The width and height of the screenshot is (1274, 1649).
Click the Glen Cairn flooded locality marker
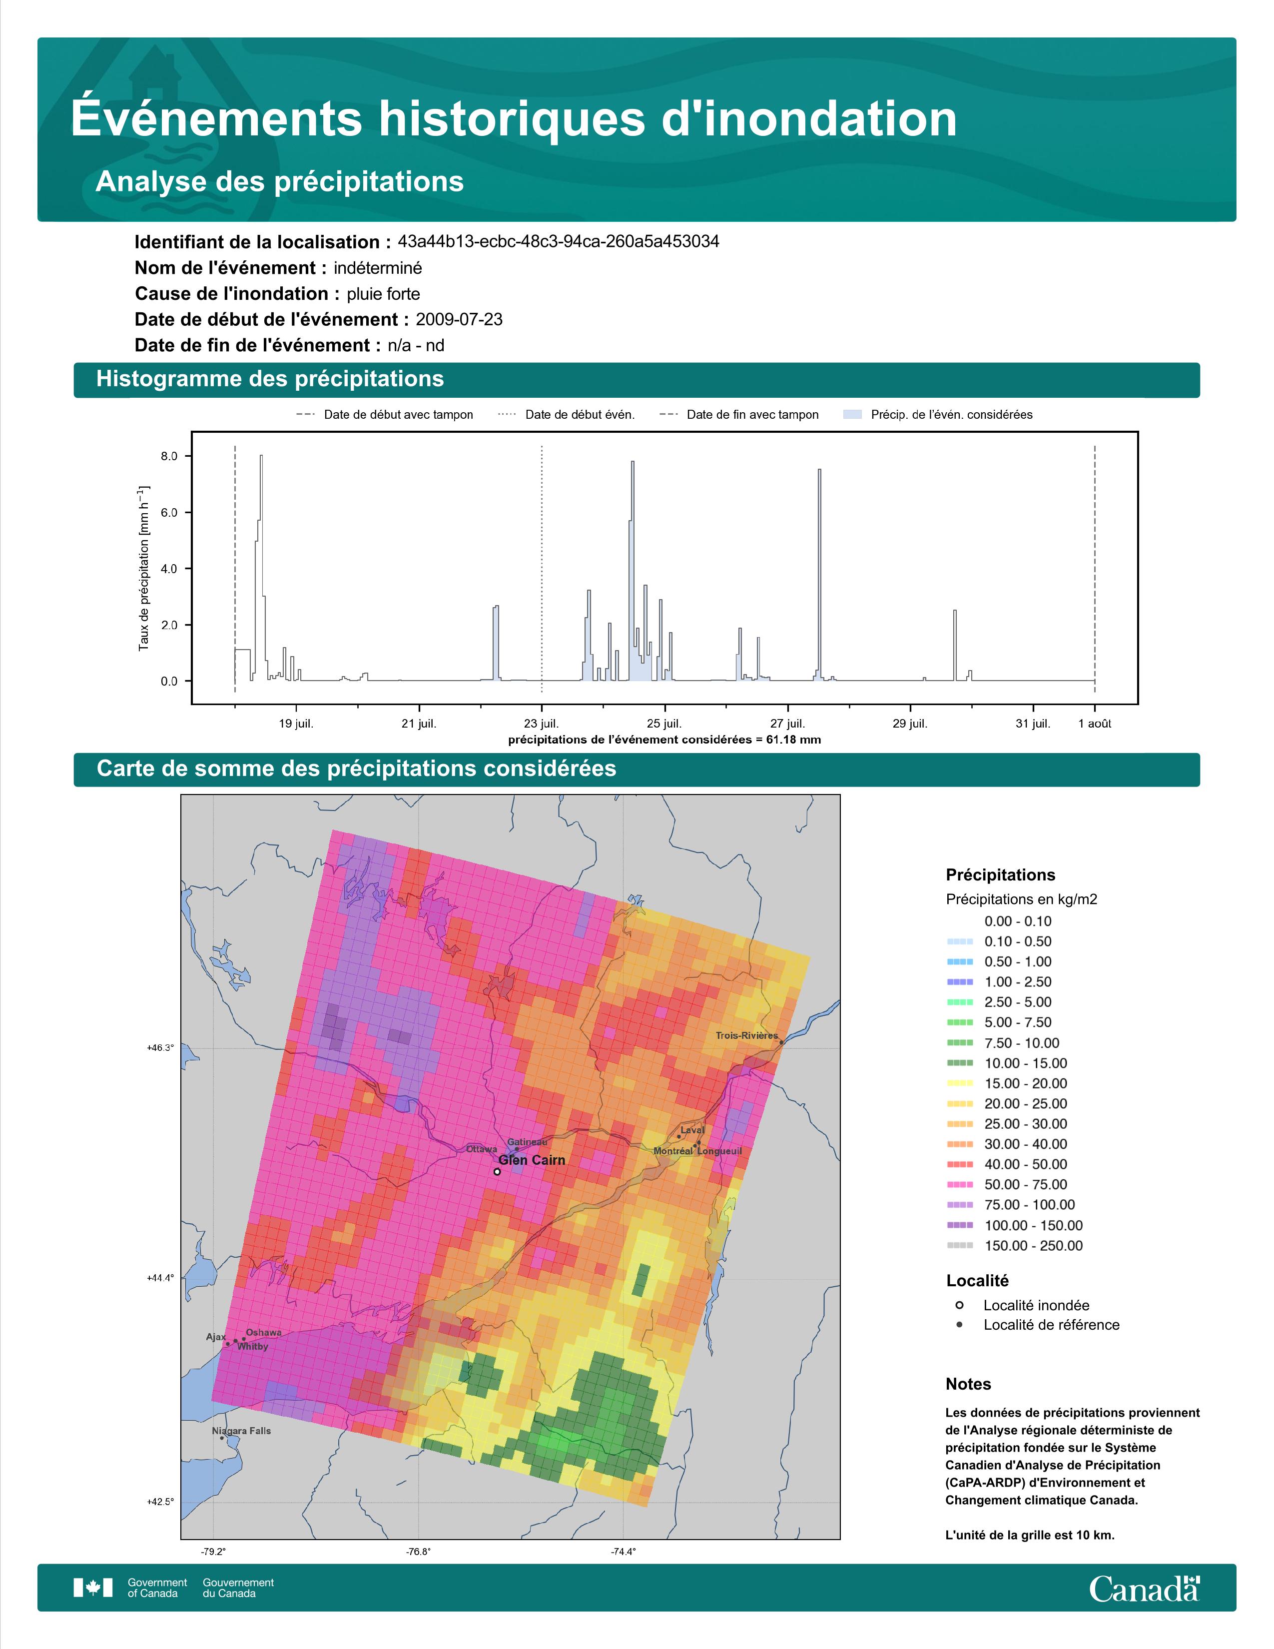[x=497, y=1172]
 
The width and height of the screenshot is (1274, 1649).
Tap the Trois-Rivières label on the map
[x=746, y=1035]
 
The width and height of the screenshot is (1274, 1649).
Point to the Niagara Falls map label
[x=241, y=1431]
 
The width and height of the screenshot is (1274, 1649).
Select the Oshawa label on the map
[x=263, y=1333]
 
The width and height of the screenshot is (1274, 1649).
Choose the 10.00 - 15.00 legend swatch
[x=959, y=1063]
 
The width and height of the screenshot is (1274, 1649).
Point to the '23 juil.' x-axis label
[x=542, y=724]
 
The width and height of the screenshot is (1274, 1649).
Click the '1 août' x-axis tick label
[x=1094, y=724]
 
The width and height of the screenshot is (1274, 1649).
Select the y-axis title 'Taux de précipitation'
[x=143, y=568]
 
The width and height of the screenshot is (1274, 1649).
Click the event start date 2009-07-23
[x=459, y=319]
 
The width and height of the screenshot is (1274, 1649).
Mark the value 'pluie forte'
[x=383, y=294]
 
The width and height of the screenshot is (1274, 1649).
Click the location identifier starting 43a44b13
[x=559, y=242]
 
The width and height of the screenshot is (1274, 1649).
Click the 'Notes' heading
[x=968, y=1384]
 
